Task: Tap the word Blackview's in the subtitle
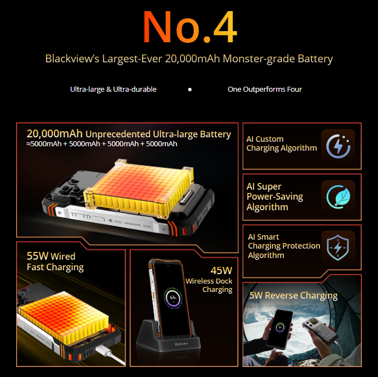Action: tap(72, 59)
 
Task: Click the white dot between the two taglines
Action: tap(190, 90)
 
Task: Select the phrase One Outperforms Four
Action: tap(264, 90)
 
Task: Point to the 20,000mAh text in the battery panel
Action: tap(55, 133)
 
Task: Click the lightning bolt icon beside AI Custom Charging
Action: tap(338, 146)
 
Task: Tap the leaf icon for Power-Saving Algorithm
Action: tap(338, 197)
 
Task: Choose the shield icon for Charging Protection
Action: tap(338, 248)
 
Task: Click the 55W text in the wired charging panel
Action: tap(38, 256)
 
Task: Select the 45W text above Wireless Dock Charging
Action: tap(222, 271)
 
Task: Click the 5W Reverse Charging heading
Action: tap(293, 296)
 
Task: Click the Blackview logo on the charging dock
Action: tap(181, 344)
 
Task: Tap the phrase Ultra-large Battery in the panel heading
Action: tap(192, 135)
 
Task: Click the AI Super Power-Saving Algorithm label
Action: tap(274, 197)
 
